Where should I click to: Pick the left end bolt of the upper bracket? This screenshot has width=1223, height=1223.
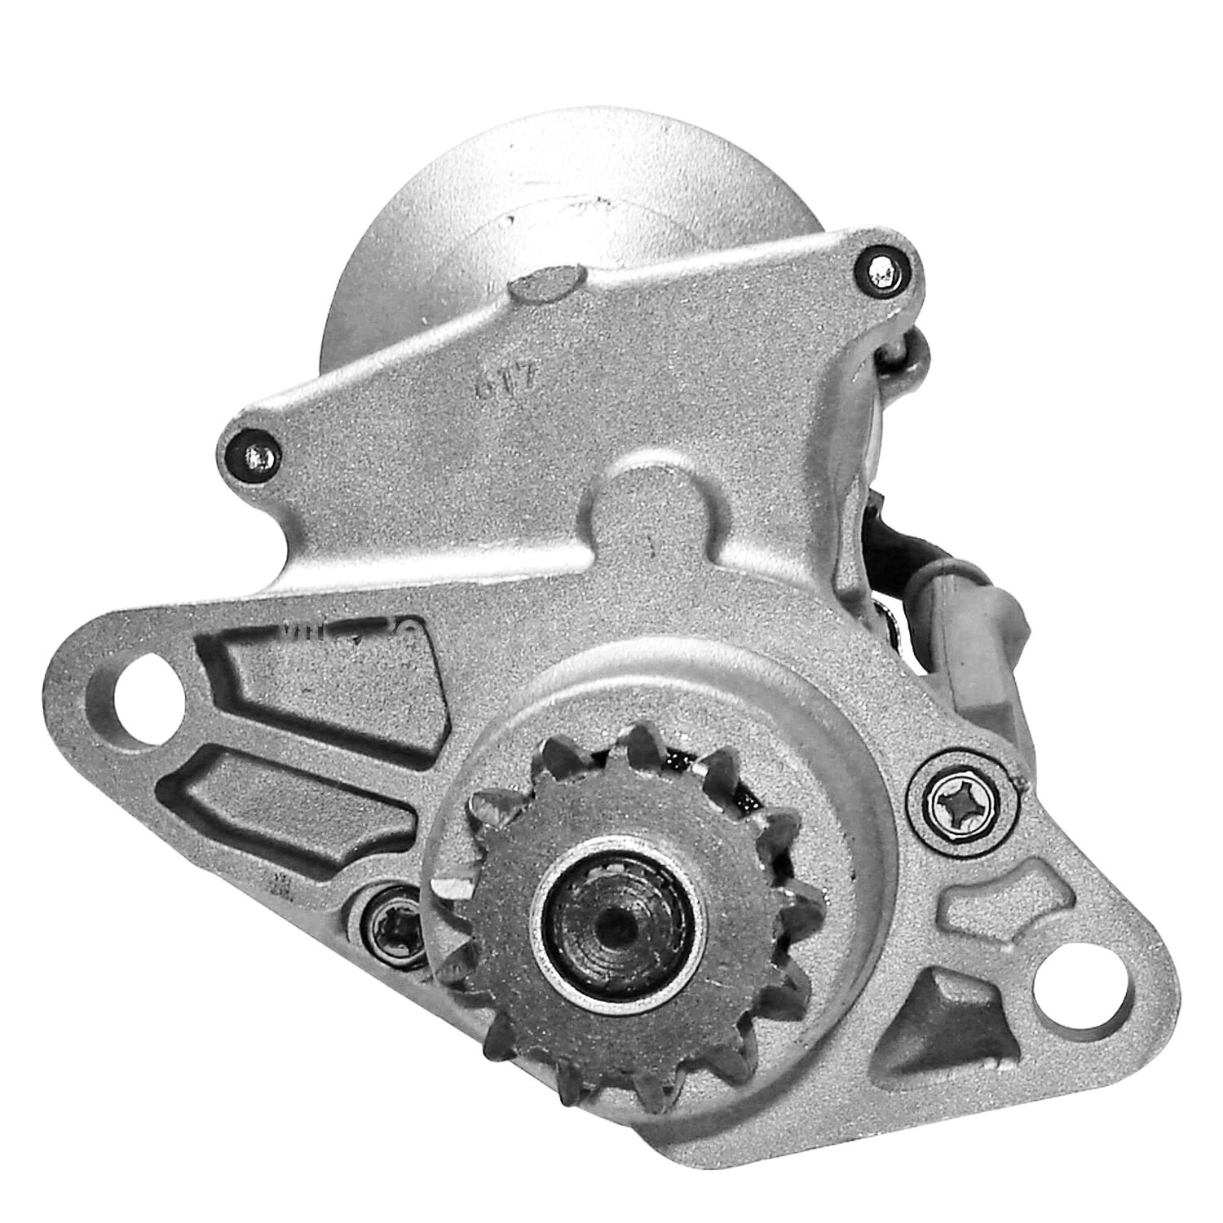pos(254,451)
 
